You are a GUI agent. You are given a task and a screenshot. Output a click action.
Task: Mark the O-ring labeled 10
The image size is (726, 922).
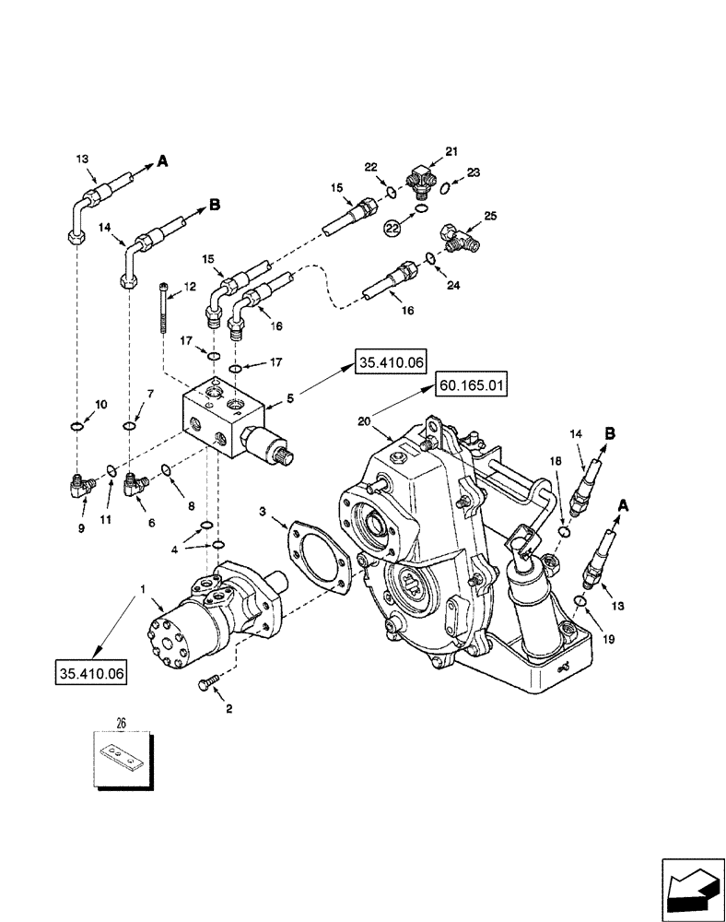coord(76,426)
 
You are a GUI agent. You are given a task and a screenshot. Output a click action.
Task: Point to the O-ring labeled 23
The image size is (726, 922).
coord(446,188)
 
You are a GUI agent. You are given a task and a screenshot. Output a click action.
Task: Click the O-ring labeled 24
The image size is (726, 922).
coord(430,257)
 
